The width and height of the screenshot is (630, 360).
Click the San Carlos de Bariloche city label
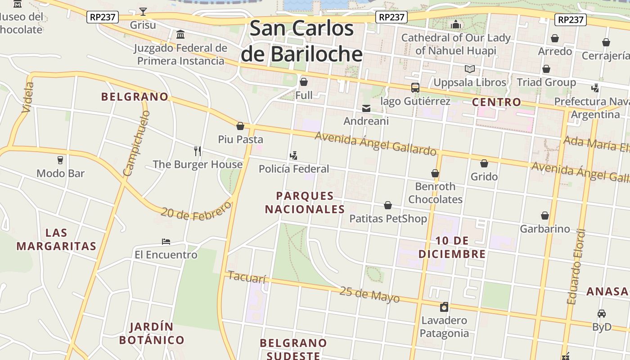click(301, 41)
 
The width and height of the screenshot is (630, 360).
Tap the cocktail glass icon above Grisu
click(143, 12)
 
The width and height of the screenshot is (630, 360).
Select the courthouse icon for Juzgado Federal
click(180, 34)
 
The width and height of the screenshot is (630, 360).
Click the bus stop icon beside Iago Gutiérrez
click(415, 88)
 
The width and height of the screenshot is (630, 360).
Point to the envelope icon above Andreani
click(366, 108)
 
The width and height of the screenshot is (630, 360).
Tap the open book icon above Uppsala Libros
click(470, 69)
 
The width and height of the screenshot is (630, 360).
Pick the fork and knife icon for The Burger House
click(197, 151)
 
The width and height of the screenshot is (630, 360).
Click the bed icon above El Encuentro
click(166, 242)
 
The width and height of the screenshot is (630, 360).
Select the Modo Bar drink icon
click(60, 160)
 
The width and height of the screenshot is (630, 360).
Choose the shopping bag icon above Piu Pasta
click(240, 126)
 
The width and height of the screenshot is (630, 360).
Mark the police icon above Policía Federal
click(293, 156)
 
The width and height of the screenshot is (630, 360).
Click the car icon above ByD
click(602, 314)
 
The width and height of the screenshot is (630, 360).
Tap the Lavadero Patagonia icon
click(444, 307)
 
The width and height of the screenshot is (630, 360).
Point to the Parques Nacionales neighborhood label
click(305, 202)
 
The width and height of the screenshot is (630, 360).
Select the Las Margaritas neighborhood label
click(56, 239)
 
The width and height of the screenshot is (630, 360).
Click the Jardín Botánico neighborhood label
click(152, 333)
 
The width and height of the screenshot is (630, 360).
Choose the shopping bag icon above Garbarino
click(545, 216)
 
